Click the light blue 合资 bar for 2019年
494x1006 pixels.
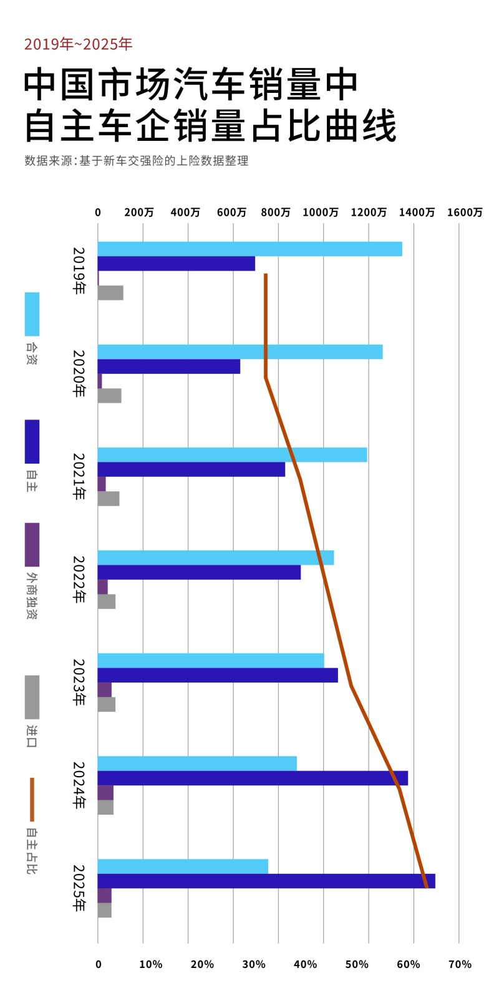pos(249,249)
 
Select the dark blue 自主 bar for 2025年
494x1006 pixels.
pos(266,881)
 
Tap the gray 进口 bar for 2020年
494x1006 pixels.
pos(109,396)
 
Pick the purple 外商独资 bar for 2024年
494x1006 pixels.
pos(105,793)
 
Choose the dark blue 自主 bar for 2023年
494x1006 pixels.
pos(217,675)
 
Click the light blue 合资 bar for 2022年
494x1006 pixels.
pos(215,558)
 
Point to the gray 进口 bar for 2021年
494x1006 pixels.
pos(109,499)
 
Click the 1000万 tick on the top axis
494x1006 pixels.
pos(321,213)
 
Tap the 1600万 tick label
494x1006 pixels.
pos(465,213)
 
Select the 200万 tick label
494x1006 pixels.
pos(139,213)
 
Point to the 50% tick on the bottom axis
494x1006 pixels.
pos(357,964)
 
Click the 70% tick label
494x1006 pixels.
pos(460,964)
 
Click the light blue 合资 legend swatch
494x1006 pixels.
pos(32,314)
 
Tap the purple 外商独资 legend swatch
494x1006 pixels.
pos(32,545)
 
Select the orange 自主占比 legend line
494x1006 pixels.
pos(32,799)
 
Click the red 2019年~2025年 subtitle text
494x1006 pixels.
pos(78,44)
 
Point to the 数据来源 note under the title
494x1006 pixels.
pos(136,161)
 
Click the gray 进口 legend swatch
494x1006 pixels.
pos(32,697)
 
